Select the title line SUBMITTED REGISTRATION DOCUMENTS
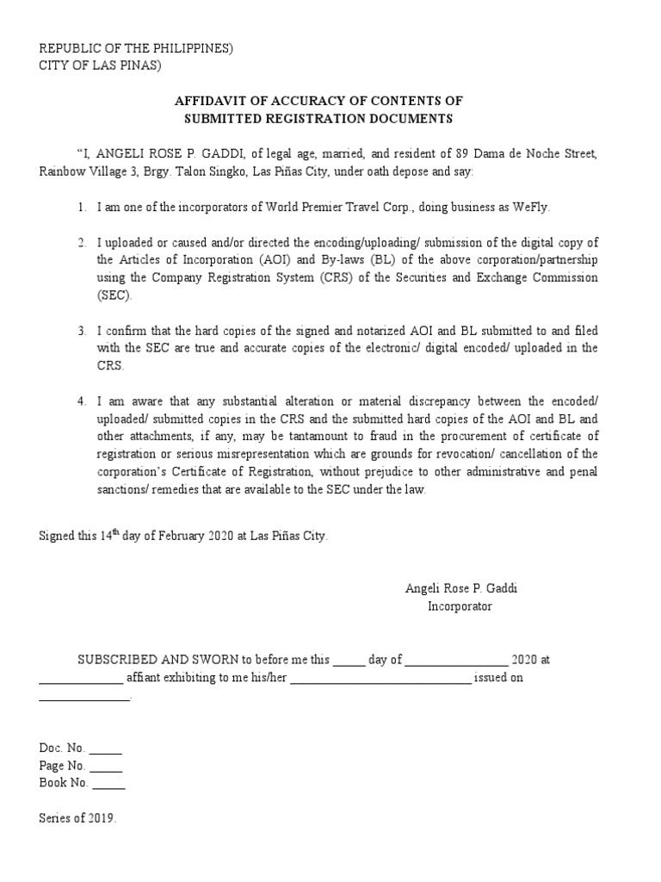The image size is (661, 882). click(x=319, y=119)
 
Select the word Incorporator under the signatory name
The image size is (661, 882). click(x=460, y=606)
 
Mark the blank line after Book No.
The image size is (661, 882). click(x=108, y=785)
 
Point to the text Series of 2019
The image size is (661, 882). click(x=77, y=818)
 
